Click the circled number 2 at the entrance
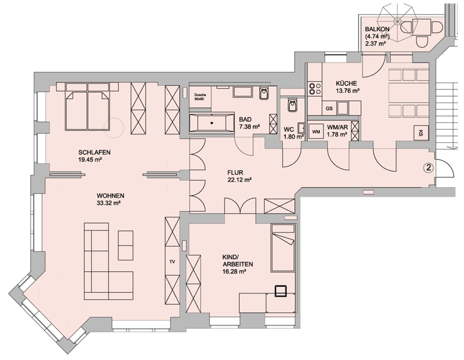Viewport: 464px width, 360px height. pos(429,168)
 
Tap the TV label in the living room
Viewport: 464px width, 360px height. pos(172,262)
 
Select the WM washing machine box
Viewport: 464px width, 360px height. pos(316,131)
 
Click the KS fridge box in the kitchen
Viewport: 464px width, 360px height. pos(420,133)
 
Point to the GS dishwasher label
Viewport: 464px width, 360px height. pos(329,108)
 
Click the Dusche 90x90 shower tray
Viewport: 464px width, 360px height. pos(200,97)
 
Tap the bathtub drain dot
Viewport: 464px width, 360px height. pos(211,123)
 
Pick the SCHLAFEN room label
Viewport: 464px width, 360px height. pos(94,152)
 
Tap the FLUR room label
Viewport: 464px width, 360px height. pos(235,172)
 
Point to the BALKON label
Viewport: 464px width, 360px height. pos(377,29)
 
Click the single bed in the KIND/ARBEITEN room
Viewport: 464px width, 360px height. pos(283,248)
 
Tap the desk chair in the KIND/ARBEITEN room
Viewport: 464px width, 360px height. pos(280,290)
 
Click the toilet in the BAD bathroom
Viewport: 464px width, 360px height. pos(263,94)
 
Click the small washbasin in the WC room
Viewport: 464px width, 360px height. pos(301,128)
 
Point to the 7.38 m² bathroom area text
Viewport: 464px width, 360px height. pos(250,127)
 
